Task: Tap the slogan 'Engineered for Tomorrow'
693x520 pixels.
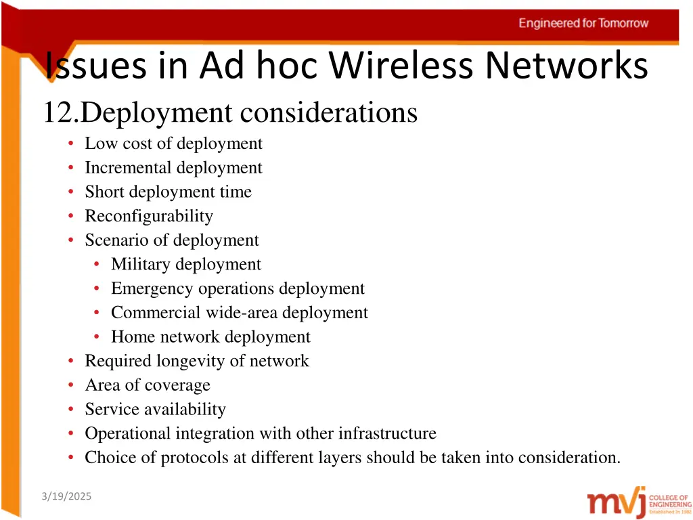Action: coord(583,23)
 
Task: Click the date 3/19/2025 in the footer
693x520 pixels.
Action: coord(66,496)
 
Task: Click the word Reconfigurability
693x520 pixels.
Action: coord(149,216)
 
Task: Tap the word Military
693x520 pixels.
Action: coord(141,264)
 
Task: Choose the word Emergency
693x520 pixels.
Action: coord(152,288)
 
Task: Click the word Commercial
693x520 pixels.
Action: coord(156,313)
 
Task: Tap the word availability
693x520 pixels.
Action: coord(182,409)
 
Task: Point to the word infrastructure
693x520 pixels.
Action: coord(387,433)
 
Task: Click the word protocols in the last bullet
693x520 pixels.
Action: coord(194,458)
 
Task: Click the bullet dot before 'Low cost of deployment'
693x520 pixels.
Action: coord(71,144)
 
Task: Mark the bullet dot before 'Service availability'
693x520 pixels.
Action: coord(71,409)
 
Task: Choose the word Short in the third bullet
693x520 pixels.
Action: coord(105,192)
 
